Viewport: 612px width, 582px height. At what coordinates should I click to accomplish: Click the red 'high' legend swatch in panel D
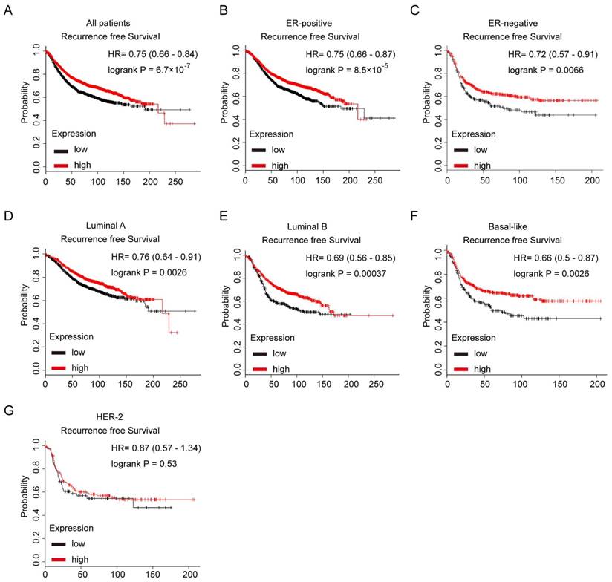59,368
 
